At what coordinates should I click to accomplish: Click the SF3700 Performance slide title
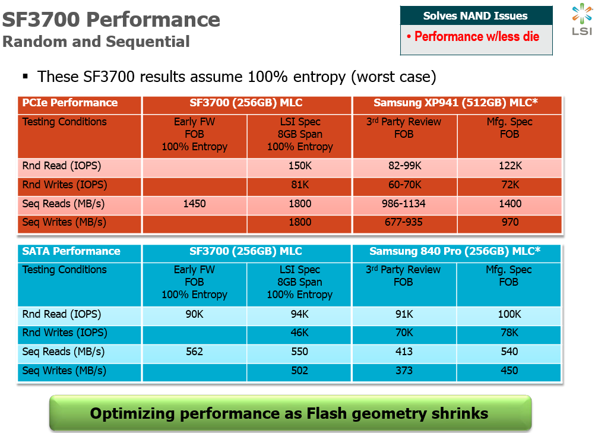pos(111,20)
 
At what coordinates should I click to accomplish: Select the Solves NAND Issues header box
pos(476,16)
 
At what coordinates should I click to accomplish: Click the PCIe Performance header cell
pos(70,103)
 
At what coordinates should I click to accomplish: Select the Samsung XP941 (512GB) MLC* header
pos(455,103)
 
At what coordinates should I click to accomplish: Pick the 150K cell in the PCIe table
pos(299,166)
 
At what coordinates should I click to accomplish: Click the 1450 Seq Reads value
pos(194,204)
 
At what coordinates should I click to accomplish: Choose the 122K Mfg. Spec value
pos(509,166)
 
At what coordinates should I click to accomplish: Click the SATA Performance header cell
pos(71,251)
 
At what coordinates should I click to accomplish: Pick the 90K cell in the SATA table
pos(194,314)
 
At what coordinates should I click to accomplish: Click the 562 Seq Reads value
pos(194,352)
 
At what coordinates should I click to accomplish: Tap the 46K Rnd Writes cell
pos(299,333)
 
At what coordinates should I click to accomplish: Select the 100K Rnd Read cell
pos(509,314)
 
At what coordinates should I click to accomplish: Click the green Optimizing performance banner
pos(289,413)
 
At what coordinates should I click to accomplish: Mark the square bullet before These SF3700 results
pos(26,77)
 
